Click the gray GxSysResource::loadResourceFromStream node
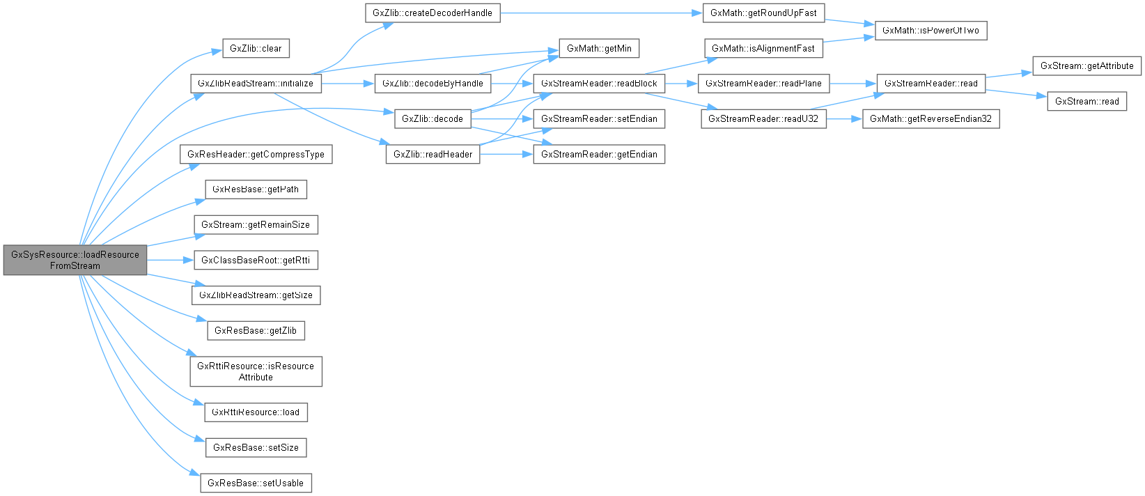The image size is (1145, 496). pyautogui.click(x=75, y=260)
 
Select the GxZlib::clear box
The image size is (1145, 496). pyautogui.click(x=256, y=48)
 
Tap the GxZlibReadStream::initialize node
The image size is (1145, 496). pyautogui.click(x=256, y=83)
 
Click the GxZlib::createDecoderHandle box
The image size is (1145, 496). pyautogui.click(x=433, y=13)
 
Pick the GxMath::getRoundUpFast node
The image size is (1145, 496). pyautogui.click(x=763, y=13)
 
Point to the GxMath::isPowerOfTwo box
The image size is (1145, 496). pyautogui.click(x=930, y=30)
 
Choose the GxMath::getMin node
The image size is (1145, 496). pyautogui.click(x=599, y=48)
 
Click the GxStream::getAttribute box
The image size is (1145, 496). pyautogui.click(x=1086, y=65)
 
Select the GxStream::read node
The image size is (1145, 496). pyautogui.click(x=1086, y=101)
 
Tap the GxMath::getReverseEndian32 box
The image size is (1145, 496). pyautogui.click(x=930, y=118)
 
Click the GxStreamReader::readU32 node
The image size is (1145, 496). pyautogui.click(x=763, y=118)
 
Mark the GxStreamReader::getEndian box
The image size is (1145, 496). pyautogui.click(x=599, y=154)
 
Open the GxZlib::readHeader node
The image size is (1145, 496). pyautogui.click(x=433, y=154)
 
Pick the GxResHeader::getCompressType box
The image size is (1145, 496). pyautogui.click(x=256, y=154)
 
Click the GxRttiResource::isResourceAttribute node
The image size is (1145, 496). pyautogui.click(x=256, y=371)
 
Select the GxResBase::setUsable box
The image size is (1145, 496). pyautogui.click(x=256, y=483)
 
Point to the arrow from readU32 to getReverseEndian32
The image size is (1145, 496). pyautogui.click(x=844, y=118)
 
